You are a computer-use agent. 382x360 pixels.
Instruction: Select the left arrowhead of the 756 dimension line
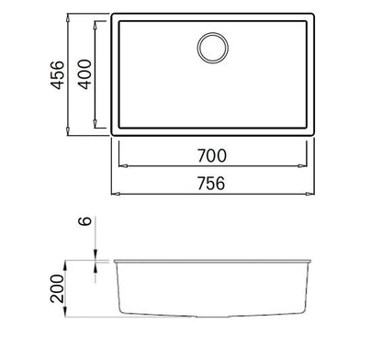115,196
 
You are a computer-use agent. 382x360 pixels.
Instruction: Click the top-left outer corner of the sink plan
113,14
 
